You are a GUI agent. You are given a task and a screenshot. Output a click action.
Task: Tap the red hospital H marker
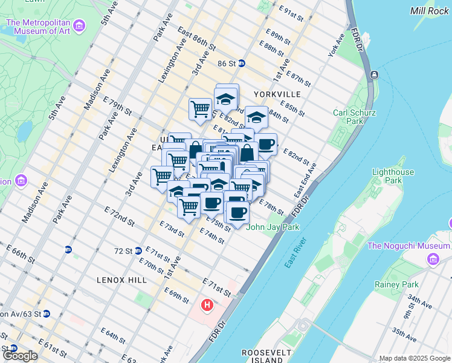click(207, 305)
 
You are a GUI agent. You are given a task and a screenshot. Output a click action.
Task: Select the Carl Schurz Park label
click(355, 117)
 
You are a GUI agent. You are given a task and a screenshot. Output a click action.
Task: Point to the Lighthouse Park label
click(393, 176)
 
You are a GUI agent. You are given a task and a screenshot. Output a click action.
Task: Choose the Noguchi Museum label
click(408, 246)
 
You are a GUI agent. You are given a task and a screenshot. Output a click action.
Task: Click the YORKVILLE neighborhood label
click(277, 94)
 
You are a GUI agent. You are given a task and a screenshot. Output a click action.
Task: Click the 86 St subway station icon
click(241, 63)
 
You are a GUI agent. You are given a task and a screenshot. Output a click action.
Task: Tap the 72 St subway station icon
click(138, 250)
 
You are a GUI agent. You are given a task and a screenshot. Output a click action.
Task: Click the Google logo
click(19, 356)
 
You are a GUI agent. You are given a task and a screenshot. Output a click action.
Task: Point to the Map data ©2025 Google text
click(415, 358)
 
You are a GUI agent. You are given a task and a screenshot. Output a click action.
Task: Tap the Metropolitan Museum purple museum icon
click(80, 26)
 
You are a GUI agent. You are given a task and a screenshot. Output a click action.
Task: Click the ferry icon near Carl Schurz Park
click(375, 75)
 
